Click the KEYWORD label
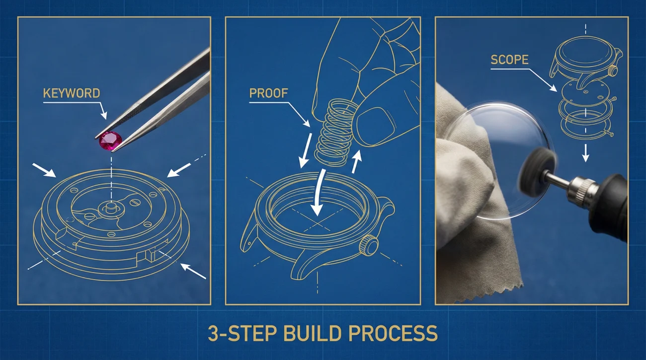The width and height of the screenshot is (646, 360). point(72,93)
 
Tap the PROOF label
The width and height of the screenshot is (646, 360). point(268,93)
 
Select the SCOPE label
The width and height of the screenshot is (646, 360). point(509,60)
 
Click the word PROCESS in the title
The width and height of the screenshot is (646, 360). point(393,333)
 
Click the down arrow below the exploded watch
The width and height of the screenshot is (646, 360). point(585,153)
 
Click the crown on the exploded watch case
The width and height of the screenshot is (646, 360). point(613,71)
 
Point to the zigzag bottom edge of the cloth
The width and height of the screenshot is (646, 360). point(487,293)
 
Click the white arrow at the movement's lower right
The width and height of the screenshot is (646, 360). point(193,271)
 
